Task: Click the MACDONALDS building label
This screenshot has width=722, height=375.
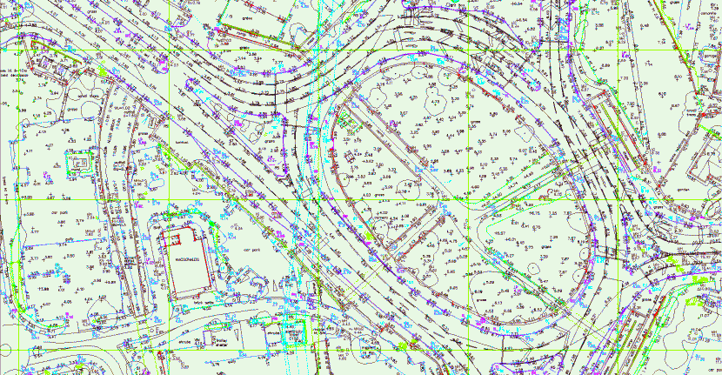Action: click(188, 260)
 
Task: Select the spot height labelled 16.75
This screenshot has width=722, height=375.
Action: click(533, 213)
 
